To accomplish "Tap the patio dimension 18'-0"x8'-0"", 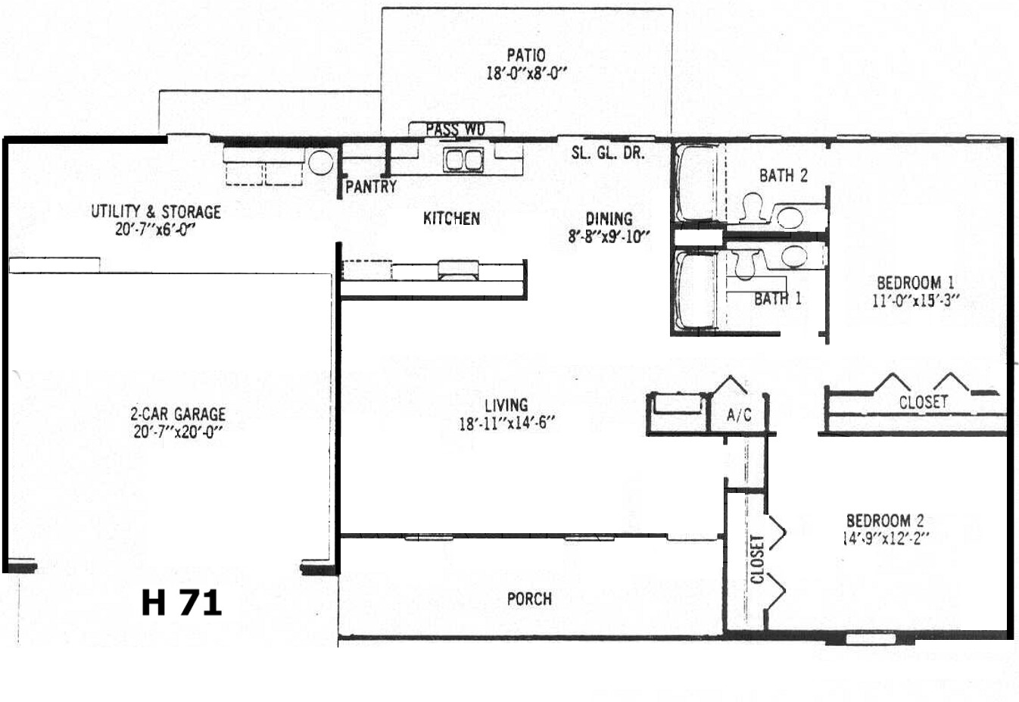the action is tap(527, 73).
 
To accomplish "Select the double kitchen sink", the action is tap(463, 160).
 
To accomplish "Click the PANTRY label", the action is tap(371, 187).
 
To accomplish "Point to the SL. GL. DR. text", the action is tap(608, 153).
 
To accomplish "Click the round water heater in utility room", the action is tap(321, 162).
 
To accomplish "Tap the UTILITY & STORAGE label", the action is tap(156, 212).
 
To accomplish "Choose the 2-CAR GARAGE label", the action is tap(178, 414).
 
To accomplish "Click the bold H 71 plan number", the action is tap(182, 603).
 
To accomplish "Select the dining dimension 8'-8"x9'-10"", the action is tap(609, 237).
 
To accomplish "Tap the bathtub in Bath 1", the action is tap(696, 290).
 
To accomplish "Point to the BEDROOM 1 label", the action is tap(915, 283).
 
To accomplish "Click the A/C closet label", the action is tap(739, 414).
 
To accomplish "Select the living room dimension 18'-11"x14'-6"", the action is tap(506, 423).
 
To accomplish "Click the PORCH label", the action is tap(529, 599).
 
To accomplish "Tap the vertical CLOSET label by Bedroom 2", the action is tap(757, 560).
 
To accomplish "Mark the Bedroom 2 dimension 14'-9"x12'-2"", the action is tap(885, 538).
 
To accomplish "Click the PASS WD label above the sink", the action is tap(456, 129).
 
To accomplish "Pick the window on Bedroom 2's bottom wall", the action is tap(871, 639).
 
